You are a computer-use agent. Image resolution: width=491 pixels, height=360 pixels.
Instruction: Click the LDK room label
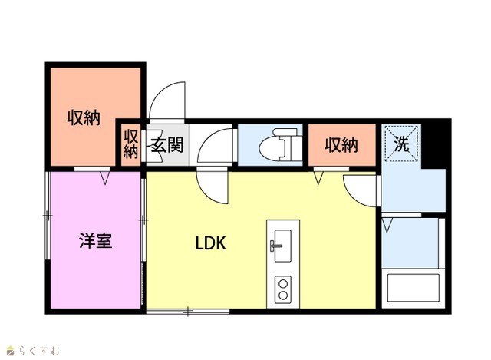point(210,243)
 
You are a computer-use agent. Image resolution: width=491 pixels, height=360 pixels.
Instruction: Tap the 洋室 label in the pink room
point(95,240)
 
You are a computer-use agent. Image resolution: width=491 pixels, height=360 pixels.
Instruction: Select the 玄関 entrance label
point(167,145)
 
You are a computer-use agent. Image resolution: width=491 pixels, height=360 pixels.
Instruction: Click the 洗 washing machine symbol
point(401,144)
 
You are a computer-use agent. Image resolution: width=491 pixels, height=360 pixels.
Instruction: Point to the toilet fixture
point(281,144)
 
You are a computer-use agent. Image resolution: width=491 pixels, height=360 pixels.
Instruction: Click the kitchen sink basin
point(282,246)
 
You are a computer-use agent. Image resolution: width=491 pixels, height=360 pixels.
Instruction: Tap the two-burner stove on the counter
point(283,289)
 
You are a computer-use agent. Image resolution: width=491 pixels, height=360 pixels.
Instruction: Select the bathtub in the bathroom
point(414,288)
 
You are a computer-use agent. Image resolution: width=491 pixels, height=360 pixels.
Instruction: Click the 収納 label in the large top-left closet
point(84,118)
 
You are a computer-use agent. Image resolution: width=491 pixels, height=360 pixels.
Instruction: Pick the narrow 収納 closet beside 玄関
point(130,144)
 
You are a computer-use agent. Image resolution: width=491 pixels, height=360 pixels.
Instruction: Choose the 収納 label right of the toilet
point(341,145)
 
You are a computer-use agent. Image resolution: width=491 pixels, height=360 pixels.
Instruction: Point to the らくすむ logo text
point(39,351)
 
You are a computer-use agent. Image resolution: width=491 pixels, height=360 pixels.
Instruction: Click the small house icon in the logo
point(11,351)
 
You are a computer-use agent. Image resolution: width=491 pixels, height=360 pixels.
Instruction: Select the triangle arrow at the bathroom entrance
point(387,226)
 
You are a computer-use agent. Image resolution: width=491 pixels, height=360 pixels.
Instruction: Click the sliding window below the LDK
point(188,312)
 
